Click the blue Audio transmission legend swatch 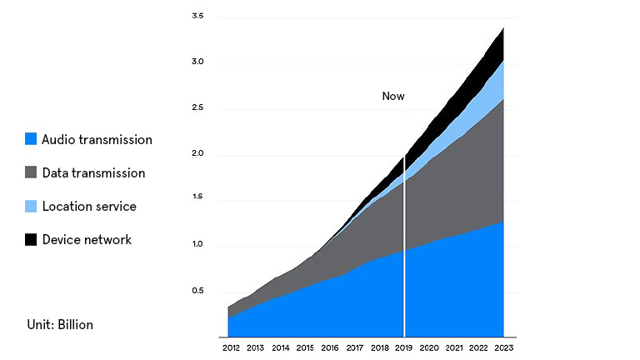[31, 139]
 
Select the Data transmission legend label [93, 173]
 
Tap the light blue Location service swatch [31, 206]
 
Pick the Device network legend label [87, 240]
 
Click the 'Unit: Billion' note [59, 324]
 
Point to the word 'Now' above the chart [393, 97]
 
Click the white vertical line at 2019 [405, 250]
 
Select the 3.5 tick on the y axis [197, 17]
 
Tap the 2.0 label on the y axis [197, 154]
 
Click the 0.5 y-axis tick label [197, 291]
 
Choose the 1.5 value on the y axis [197, 200]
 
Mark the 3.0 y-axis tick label [197, 62]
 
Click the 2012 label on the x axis [231, 347]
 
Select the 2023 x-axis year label [504, 347]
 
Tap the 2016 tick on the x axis [330, 347]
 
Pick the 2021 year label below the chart [454, 347]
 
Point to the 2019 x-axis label [405, 347]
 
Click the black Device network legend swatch [31, 240]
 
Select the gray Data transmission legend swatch [31, 173]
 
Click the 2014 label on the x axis [280, 347]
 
